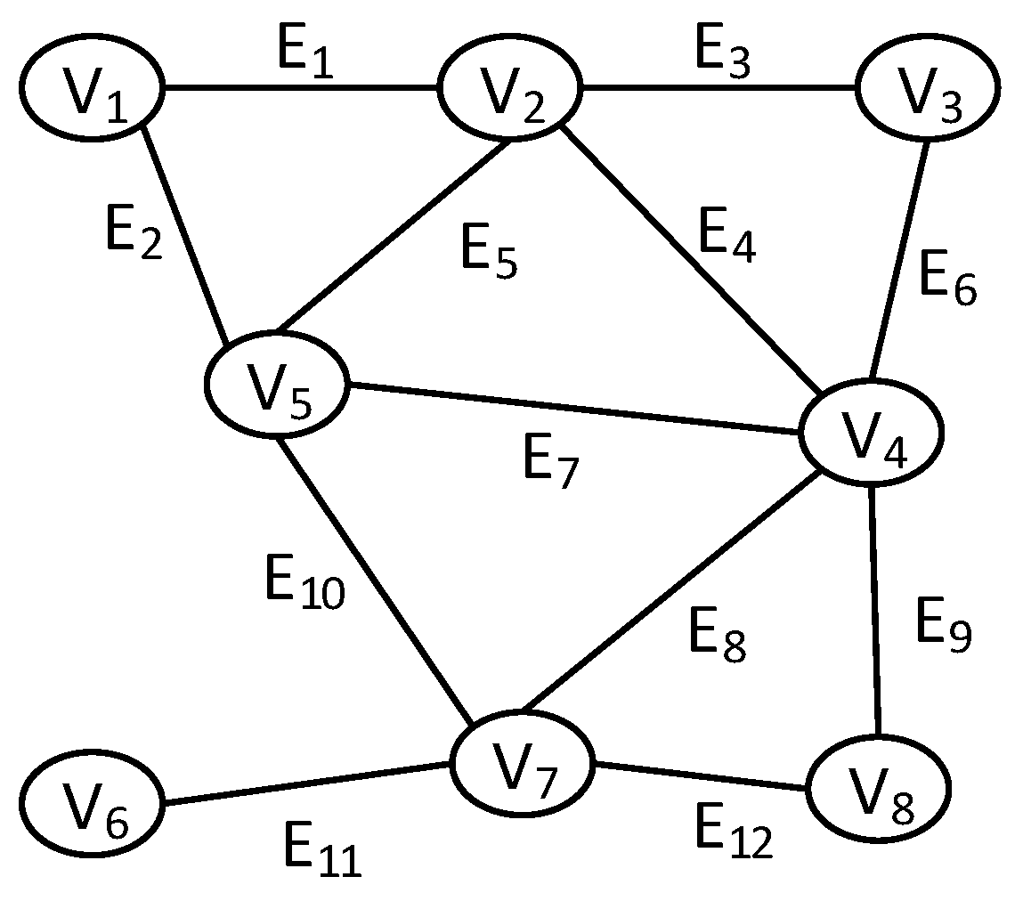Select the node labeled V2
(508, 90)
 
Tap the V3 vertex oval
(927, 87)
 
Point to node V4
(871, 433)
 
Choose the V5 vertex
(277, 384)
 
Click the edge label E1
(305, 57)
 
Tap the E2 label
(133, 234)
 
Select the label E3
(722, 57)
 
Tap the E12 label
(733, 834)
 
